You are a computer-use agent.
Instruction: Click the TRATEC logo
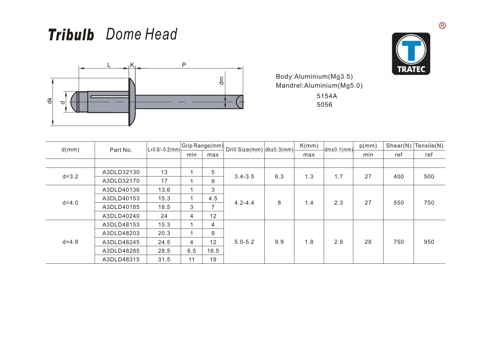pyautogui.click(x=411, y=54)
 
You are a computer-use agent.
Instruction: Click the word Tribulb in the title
pyautogui.click(x=71, y=35)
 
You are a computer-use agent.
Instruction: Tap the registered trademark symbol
pyautogui.click(x=442, y=26)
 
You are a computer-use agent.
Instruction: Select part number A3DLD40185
pyautogui.click(x=121, y=207)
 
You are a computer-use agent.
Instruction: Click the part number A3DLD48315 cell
pyautogui.click(x=121, y=259)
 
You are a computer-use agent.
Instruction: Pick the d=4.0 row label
pyautogui.click(x=70, y=203)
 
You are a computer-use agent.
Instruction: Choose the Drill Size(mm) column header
pyautogui.click(x=244, y=149)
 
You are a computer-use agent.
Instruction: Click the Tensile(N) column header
pyautogui.click(x=429, y=146)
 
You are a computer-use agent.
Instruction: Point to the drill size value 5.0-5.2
pyautogui.click(x=244, y=242)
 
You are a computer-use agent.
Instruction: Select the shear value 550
pyautogui.click(x=399, y=203)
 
